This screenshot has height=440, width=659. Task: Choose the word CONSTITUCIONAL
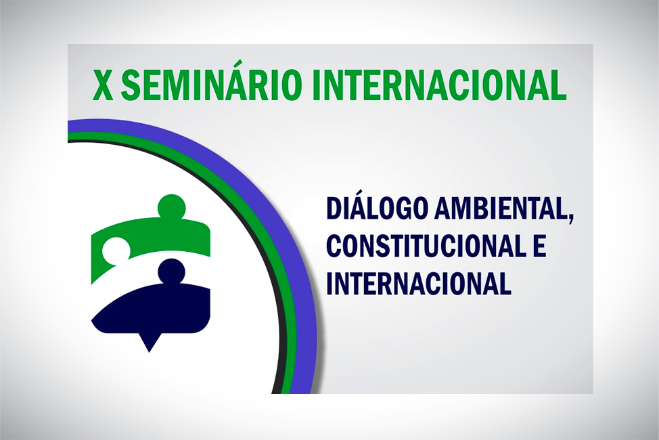click(x=424, y=246)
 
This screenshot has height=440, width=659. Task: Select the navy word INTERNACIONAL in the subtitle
click(x=419, y=283)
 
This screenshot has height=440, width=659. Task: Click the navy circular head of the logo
click(x=171, y=271)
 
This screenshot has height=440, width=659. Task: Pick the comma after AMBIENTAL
click(x=570, y=218)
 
